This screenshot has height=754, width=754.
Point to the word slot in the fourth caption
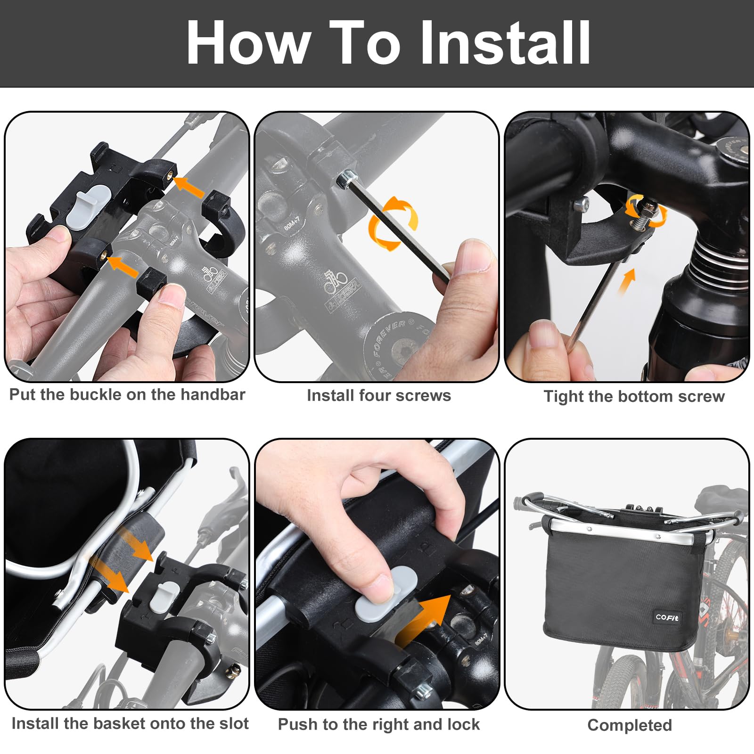pyautogui.click(x=233, y=723)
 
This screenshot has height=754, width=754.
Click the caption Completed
pyautogui.click(x=630, y=725)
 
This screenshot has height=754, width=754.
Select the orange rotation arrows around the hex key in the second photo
pyautogui.click(x=392, y=223)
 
